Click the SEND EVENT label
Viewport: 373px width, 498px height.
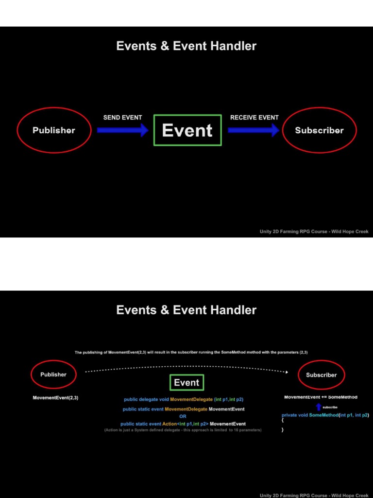122,118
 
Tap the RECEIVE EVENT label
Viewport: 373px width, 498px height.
254,118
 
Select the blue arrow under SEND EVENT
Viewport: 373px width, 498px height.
122,130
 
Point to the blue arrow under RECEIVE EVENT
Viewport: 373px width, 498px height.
254,130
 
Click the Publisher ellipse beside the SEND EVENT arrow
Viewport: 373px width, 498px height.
54,130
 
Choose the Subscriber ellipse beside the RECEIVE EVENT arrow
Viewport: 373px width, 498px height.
319,130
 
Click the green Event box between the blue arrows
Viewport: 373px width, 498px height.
187,130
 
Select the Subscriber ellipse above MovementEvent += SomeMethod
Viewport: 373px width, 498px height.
321,375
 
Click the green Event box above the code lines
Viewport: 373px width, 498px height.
187,383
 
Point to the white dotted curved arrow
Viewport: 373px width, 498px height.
187,367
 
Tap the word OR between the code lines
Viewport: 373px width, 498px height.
183,416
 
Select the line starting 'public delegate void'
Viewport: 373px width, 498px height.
184,400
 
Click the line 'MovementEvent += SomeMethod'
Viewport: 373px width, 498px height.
321,397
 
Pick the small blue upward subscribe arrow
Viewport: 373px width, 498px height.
319,407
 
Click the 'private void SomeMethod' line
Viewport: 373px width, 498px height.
325,415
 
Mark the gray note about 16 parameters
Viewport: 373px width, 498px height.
183,430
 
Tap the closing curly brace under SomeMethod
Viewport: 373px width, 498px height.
283,430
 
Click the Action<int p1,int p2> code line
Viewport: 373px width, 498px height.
183,424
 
